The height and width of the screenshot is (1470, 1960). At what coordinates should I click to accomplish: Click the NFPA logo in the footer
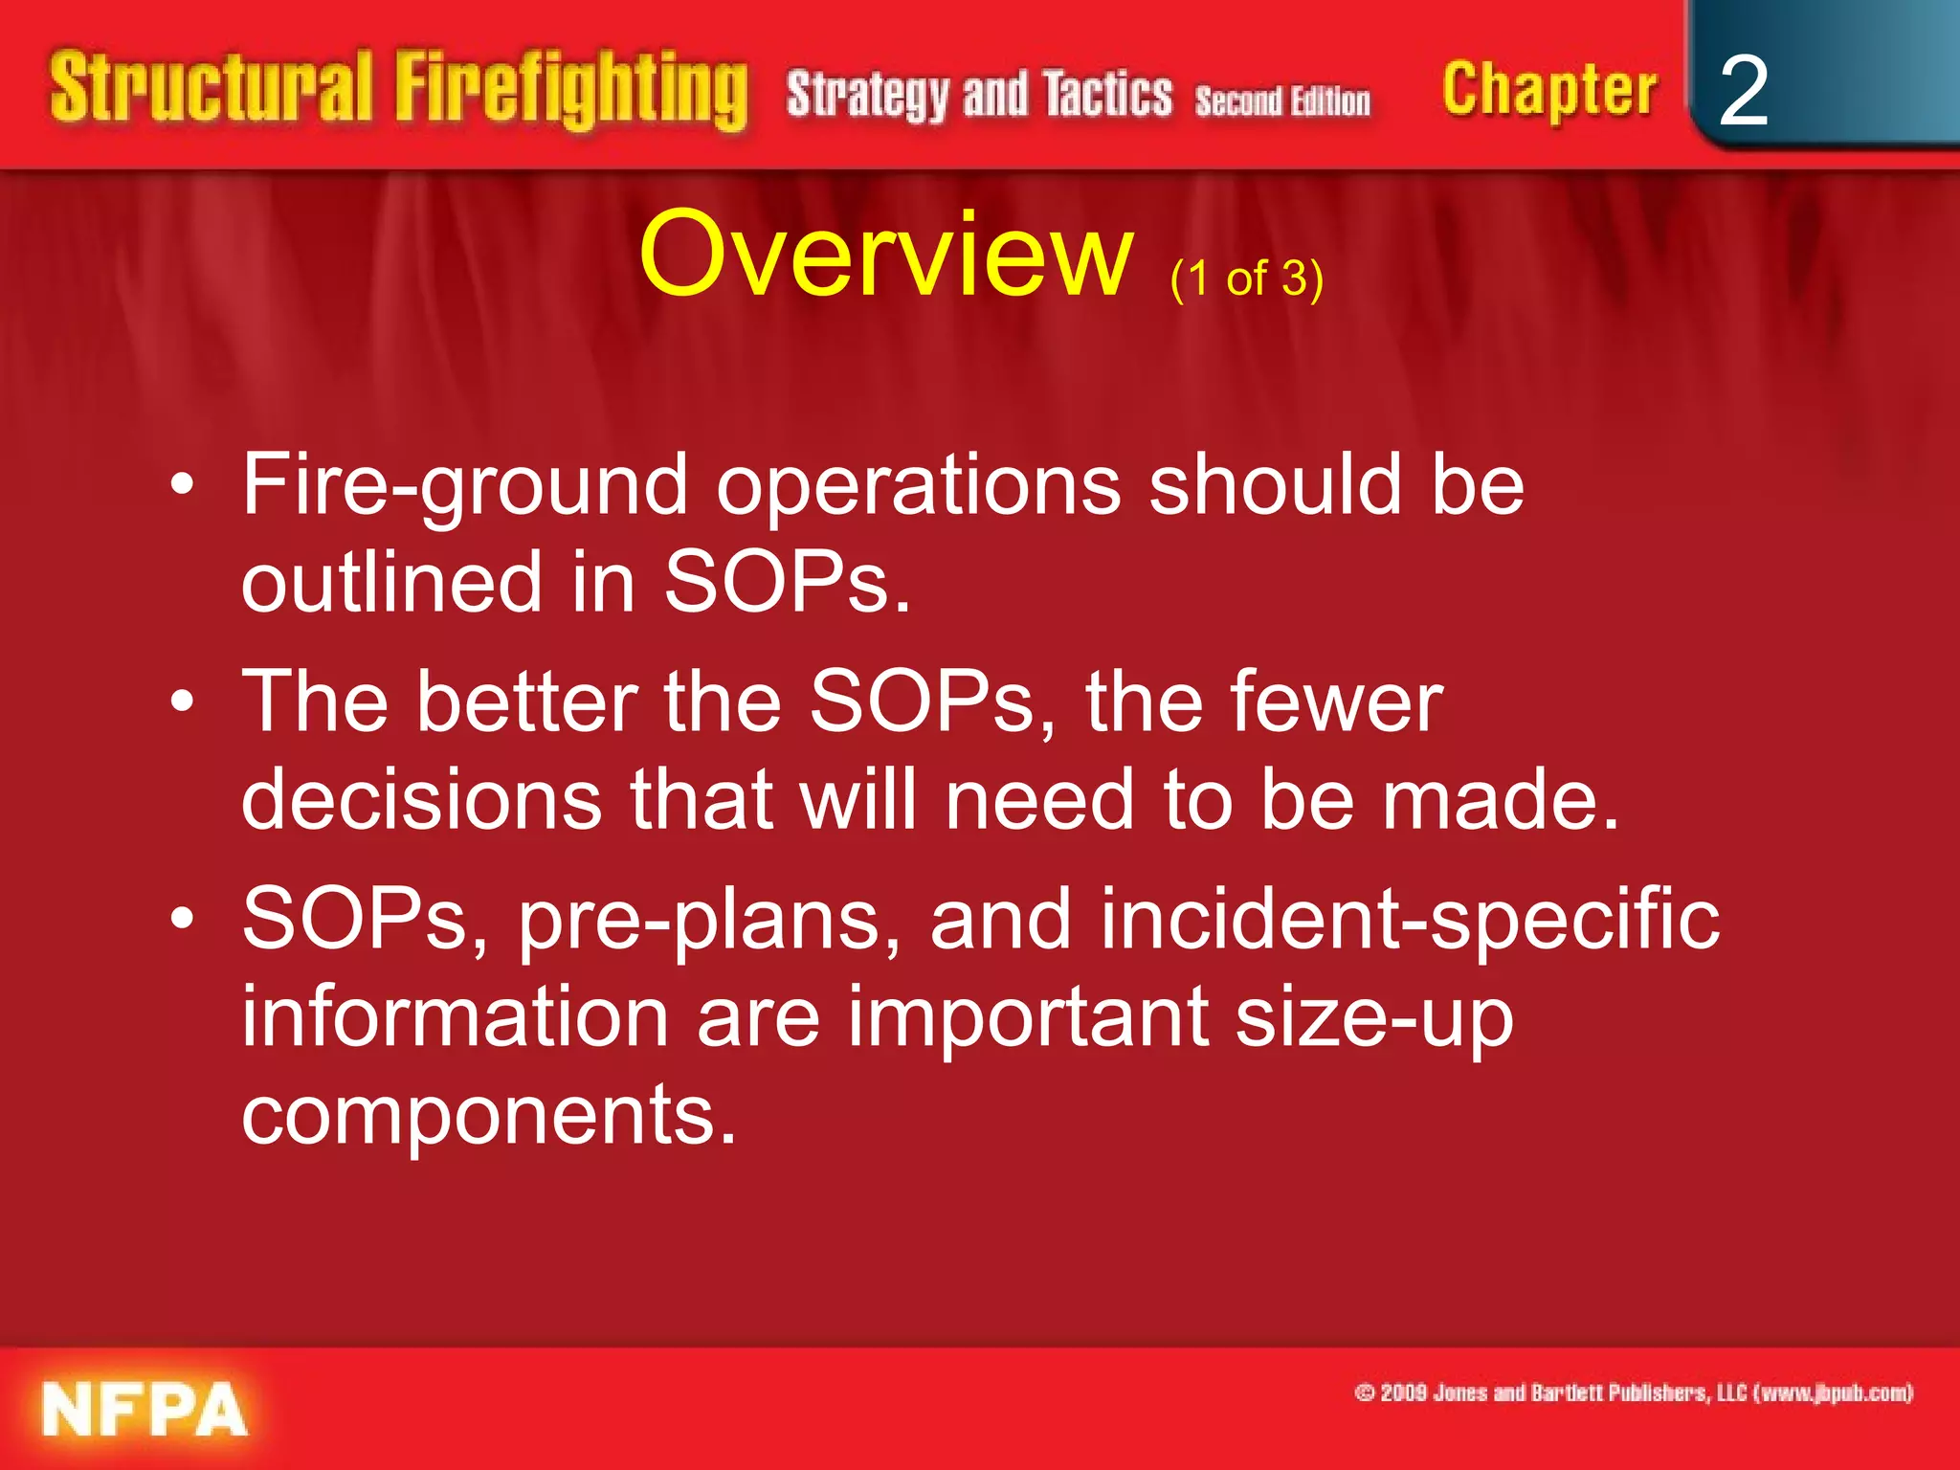coord(144,1410)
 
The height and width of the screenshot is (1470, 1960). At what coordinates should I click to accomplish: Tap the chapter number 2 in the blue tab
coord(1743,91)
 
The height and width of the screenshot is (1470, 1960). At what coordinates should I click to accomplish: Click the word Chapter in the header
coord(1548,91)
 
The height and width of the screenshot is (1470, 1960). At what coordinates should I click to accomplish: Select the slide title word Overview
coord(885,256)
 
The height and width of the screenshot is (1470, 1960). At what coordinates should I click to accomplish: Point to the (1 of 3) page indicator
coord(1246,278)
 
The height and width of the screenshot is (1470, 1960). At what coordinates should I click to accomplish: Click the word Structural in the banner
coord(211,88)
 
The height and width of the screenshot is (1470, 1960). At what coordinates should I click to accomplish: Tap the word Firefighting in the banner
coord(571,91)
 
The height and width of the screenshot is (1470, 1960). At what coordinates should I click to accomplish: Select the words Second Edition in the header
coord(1282,100)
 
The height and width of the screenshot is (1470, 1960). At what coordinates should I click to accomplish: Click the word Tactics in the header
coord(1107,96)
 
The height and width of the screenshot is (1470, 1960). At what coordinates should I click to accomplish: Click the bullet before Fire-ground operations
coord(182,486)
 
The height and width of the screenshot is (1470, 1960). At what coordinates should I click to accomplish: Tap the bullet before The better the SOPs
coord(182,703)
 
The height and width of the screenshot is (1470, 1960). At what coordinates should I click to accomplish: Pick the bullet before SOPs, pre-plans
coord(182,920)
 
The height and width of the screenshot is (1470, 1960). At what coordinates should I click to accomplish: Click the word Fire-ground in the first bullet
coord(464,486)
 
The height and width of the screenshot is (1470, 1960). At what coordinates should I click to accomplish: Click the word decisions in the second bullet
coord(421,800)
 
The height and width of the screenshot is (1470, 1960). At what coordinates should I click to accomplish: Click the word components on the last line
coord(488,1116)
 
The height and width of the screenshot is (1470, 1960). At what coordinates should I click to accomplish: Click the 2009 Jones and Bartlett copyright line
coord(1634,1392)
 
